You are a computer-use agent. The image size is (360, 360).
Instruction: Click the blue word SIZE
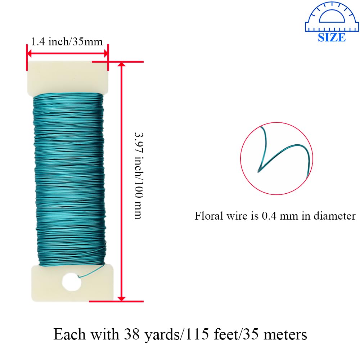pos(332,37)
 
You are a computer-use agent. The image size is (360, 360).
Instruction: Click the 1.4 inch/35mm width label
pos(67,42)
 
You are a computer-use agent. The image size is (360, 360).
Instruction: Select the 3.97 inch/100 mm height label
pos(139,175)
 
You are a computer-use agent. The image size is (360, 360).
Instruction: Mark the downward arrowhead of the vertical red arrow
pos(122,298)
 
